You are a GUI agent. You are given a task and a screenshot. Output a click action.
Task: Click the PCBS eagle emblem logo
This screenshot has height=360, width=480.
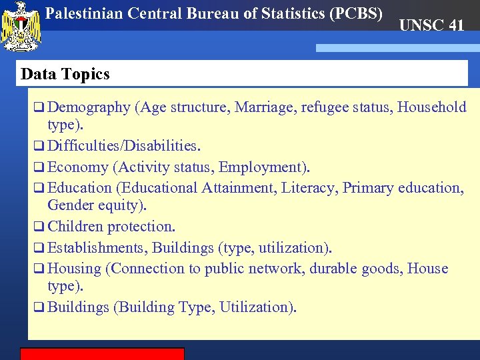[x=22, y=27]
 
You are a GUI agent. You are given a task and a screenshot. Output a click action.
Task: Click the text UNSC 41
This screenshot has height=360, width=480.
[x=431, y=26]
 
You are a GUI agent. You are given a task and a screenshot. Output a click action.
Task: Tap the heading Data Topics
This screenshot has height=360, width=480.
[x=65, y=74]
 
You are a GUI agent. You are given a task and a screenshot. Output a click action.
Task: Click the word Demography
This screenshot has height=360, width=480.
[x=89, y=107]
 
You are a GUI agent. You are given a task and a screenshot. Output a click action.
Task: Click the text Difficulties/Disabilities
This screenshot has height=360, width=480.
[x=124, y=145]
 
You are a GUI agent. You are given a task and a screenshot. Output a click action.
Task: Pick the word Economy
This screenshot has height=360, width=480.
[x=78, y=167]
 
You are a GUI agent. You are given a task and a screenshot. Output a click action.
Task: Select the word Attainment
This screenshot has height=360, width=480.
[x=237, y=188]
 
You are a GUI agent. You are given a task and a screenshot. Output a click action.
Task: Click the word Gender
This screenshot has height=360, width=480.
[x=71, y=205]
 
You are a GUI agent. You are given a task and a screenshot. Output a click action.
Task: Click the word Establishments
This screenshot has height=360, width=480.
[x=96, y=248]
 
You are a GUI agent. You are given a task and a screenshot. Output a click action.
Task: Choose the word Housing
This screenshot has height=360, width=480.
[x=75, y=269]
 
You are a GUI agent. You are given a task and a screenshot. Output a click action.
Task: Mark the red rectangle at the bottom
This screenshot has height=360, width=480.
[x=102, y=353]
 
